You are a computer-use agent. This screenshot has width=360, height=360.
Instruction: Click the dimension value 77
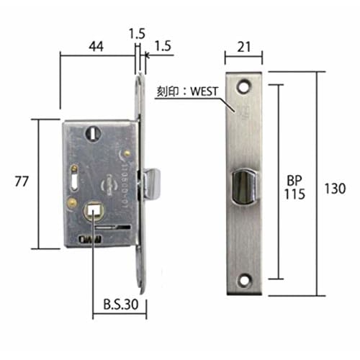point(22,181)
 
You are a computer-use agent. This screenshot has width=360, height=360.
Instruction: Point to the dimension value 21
point(243,47)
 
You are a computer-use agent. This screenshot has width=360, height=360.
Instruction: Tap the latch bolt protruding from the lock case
point(154,183)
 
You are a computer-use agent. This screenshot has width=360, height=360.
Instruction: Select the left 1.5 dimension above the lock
point(135,32)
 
